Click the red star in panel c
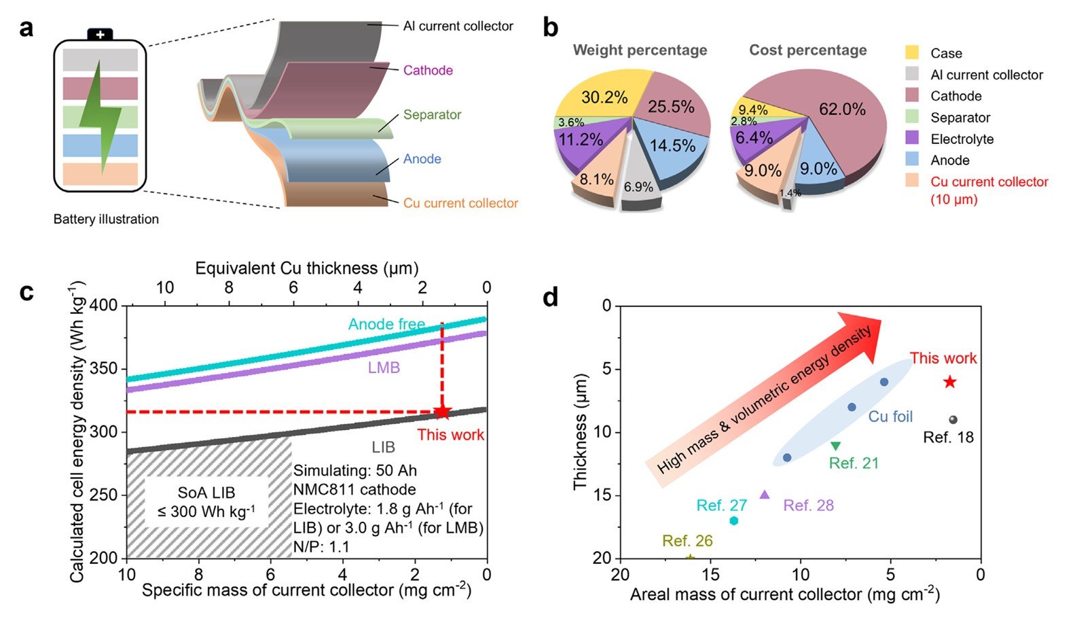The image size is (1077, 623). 442,412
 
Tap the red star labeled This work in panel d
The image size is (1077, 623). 949,382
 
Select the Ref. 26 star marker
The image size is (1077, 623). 690,558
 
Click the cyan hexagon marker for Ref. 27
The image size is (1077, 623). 733,520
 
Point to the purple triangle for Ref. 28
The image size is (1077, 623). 765,495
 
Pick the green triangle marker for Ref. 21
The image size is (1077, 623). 835,446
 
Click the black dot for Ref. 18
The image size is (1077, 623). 953,420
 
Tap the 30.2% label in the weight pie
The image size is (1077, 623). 604,97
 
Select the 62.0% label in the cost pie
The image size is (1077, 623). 842,109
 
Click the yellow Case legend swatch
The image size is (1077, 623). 912,53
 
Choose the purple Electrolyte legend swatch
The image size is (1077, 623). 912,139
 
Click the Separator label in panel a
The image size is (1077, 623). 432,115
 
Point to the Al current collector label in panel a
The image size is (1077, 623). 458,26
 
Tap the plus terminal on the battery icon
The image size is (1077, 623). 100,34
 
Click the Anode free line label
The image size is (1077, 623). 386,324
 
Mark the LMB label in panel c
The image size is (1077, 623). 384,368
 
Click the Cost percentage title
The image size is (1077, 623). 807,50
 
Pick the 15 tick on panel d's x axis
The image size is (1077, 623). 710,575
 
